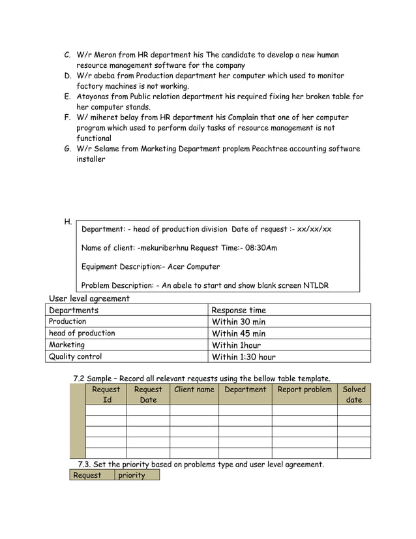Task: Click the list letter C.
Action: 67,55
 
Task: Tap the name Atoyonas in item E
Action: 95,97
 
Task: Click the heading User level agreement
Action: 89,298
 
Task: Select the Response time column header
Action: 239,310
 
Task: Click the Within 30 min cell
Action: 239,322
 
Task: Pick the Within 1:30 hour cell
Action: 244,357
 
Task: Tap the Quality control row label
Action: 76,356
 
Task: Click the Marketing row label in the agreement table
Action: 67,345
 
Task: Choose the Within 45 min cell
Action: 239,333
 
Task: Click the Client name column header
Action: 194,390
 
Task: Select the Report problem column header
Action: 305,390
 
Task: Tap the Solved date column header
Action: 353,395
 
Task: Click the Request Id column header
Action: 106,395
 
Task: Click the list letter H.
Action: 68,222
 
